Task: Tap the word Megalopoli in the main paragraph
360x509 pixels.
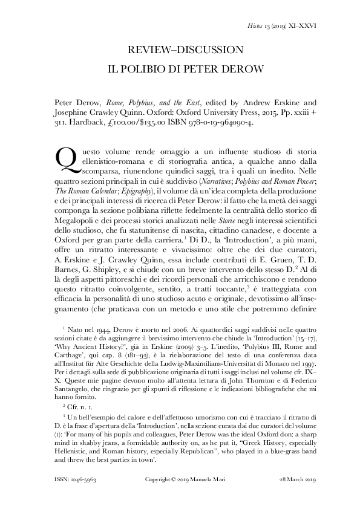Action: [x=60, y=209]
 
